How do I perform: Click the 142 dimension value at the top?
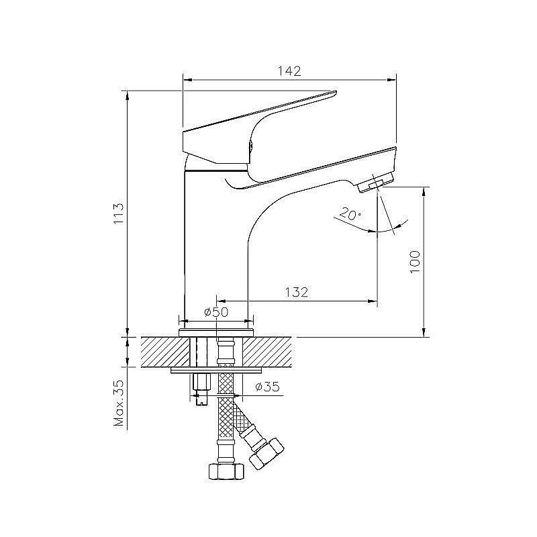click(289, 71)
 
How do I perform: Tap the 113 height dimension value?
click(119, 213)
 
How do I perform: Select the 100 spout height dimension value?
click(415, 262)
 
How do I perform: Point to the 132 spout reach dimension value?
click(297, 292)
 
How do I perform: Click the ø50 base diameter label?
click(216, 312)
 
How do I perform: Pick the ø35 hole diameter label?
click(267, 387)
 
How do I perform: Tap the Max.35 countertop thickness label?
click(119, 403)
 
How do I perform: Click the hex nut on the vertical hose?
click(226, 471)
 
